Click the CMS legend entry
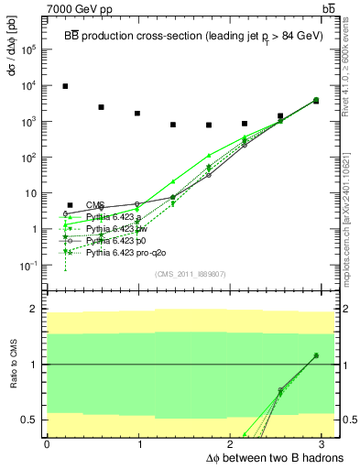click(95, 205)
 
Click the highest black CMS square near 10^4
click(65, 86)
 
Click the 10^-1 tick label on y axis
click(31, 266)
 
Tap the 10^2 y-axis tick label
click(31, 158)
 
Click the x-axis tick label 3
click(324, 443)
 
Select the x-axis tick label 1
click(138, 443)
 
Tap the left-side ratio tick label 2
click(34, 310)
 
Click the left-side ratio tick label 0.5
click(31, 420)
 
